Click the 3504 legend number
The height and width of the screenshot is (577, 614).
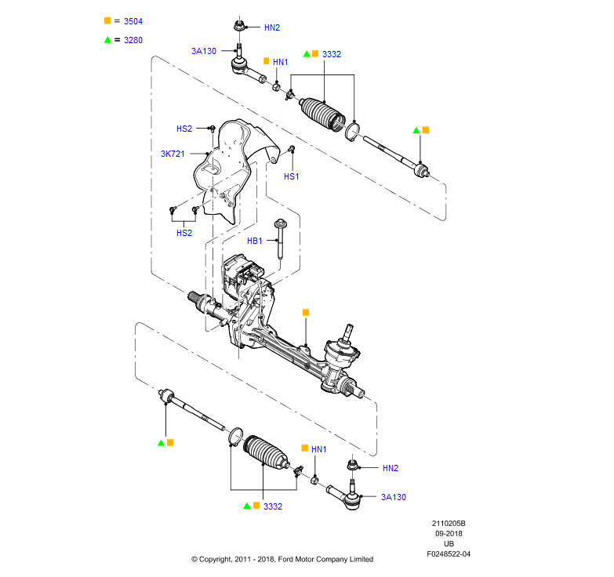133,21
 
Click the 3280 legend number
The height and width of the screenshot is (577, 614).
133,40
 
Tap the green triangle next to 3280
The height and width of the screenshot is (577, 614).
107,40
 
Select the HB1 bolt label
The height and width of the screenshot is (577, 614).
255,241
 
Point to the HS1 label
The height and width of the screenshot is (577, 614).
292,176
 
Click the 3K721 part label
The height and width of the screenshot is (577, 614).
173,154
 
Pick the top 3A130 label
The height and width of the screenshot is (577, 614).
204,51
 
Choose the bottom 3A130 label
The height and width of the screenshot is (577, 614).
394,497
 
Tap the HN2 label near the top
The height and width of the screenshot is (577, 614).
272,27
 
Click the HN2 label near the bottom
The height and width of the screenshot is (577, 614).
391,468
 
